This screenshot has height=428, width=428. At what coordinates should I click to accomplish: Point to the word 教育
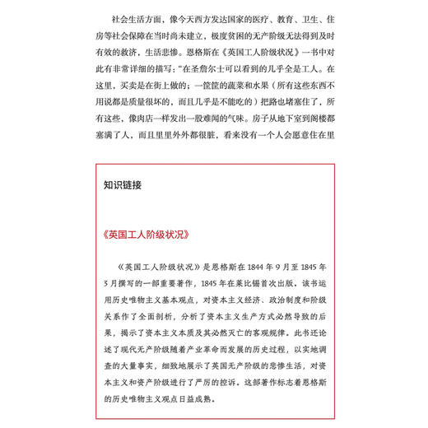click(x=292, y=18)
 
